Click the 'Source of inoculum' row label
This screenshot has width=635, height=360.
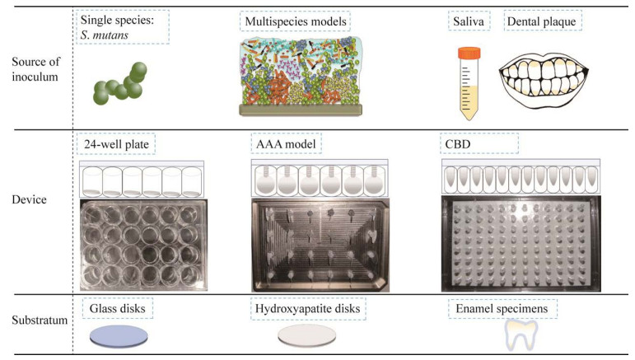coord(35,69)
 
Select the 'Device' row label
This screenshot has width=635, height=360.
coord(29,199)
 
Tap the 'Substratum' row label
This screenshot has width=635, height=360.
coord(40,320)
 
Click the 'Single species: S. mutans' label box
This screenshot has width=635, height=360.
coord(122,27)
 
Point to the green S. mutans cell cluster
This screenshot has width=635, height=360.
coord(120,83)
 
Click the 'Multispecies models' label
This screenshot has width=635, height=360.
coord(296,21)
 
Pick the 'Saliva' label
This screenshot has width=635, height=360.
coord(469,21)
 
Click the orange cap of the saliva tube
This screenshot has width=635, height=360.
coord(469,53)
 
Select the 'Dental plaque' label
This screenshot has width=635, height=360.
coord(542,21)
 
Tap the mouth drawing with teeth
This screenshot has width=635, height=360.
coord(544,81)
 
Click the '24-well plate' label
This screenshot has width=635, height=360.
coord(116,144)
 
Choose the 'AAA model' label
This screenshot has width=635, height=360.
coord(286,144)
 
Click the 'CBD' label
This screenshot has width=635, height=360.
coord(479,144)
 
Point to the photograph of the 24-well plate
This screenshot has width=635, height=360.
coord(144,245)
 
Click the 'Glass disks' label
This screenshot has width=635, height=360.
coord(118,309)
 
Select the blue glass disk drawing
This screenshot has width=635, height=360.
coord(119,336)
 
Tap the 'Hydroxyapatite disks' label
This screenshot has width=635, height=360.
coord(308,309)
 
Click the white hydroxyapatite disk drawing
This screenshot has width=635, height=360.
coord(307,335)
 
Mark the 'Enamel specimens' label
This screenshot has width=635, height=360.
coord(502,309)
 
